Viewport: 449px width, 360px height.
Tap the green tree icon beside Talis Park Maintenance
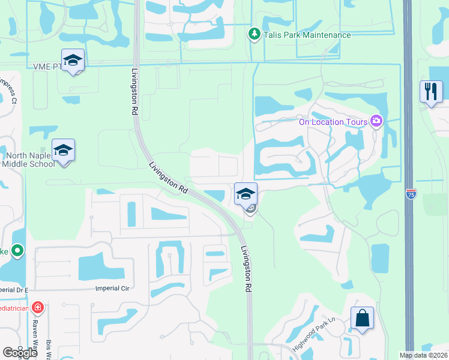pyautogui.click(x=254, y=34)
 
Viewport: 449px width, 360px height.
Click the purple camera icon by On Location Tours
pyautogui.click(x=376, y=122)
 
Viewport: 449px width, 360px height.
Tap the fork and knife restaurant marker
pyautogui.click(x=431, y=92)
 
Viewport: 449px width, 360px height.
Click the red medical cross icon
pyautogui.click(x=38, y=308)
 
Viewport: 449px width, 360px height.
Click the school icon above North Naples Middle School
pyautogui.click(x=63, y=150)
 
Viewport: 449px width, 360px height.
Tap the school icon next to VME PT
pyautogui.click(x=73, y=60)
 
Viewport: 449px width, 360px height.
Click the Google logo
pyautogui.click(x=20, y=353)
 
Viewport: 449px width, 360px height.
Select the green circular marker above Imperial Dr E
pyautogui.click(x=17, y=249)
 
